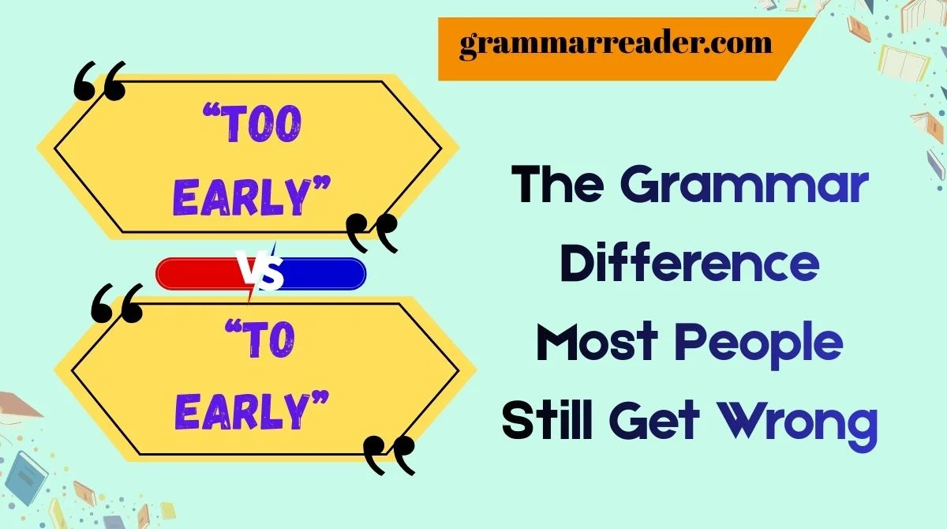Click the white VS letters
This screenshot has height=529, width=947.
261,272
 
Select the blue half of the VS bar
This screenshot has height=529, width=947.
324,273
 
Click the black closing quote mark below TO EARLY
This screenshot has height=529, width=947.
389,456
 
